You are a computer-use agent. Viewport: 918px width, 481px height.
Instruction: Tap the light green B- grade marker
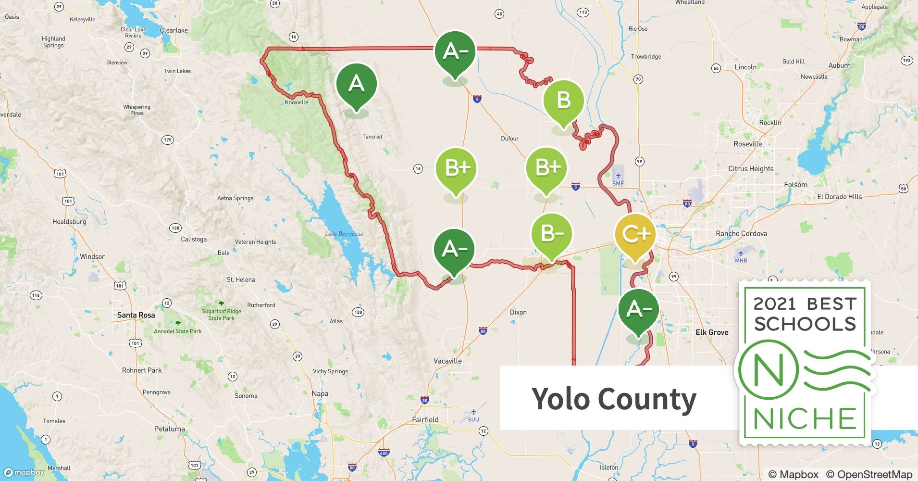click(x=552, y=234)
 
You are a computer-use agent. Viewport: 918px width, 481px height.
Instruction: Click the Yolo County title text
click(x=614, y=399)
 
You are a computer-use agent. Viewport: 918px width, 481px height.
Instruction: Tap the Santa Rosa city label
click(x=136, y=315)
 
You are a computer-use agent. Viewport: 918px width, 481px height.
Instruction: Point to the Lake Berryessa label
click(x=344, y=234)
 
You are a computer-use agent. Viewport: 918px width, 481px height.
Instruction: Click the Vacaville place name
click(x=447, y=361)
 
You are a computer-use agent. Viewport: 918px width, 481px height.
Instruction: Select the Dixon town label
click(x=518, y=312)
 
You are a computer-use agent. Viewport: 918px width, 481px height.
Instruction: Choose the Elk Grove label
click(x=712, y=332)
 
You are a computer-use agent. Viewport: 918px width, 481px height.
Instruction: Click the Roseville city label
click(x=748, y=144)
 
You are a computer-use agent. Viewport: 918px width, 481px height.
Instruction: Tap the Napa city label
click(x=320, y=393)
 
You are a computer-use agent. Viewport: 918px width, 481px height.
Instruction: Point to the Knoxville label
click(x=297, y=102)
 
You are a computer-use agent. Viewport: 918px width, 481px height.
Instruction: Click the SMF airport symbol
click(x=618, y=176)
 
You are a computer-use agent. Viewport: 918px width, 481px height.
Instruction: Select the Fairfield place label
click(x=425, y=419)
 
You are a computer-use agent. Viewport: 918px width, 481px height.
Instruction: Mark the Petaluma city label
click(x=169, y=429)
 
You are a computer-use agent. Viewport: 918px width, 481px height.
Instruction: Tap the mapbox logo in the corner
click(x=24, y=472)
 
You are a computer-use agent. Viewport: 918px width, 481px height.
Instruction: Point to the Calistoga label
click(x=194, y=239)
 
